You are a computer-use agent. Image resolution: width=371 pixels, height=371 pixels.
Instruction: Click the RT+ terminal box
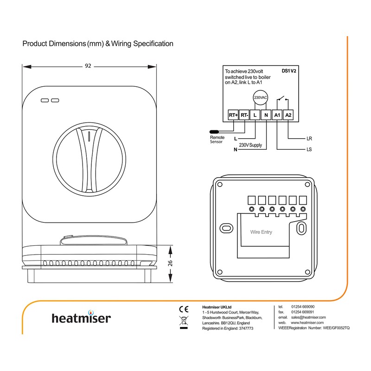[x=233, y=115]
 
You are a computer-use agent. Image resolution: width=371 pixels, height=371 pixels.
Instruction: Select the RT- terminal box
[x=244, y=115]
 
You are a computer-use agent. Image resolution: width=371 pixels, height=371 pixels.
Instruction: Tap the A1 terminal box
[x=277, y=115]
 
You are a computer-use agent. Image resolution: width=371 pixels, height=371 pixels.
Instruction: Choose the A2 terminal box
[x=288, y=115]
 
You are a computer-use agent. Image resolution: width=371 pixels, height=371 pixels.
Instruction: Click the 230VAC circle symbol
[x=261, y=98]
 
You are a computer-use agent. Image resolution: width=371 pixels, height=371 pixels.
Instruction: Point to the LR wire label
[x=309, y=138]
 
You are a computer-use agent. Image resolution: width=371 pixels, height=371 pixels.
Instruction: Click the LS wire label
[x=309, y=150]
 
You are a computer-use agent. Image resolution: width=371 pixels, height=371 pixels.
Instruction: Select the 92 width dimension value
[x=88, y=65]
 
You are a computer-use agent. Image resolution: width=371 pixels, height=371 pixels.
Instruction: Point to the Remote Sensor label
[x=217, y=140]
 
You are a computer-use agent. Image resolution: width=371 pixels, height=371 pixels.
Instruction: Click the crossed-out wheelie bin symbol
[x=183, y=320]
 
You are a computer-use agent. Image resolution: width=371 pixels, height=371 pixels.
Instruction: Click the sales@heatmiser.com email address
[x=308, y=317]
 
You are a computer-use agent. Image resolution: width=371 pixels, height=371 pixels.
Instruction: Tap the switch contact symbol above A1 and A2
[x=282, y=99]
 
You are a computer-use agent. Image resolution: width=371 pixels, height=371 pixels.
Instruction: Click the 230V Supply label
[x=251, y=146]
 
